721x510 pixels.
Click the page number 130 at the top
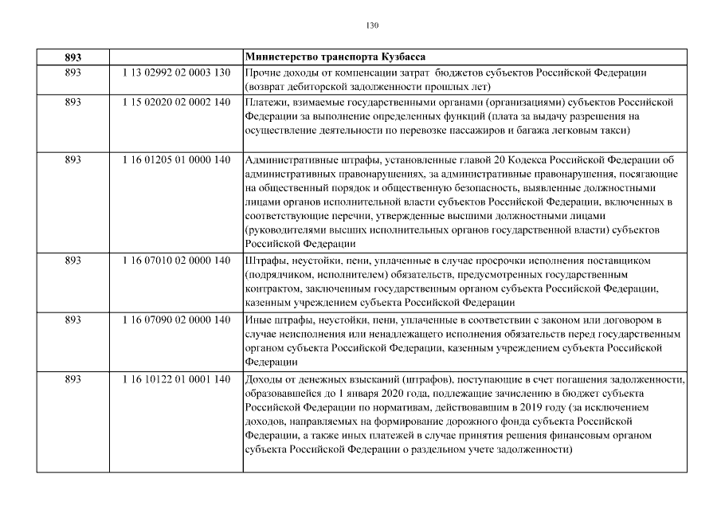tap(372, 25)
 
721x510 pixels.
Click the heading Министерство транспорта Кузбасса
tap(335, 57)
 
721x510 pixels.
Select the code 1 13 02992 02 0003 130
tap(176, 73)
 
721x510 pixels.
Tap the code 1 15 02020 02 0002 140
tap(176, 102)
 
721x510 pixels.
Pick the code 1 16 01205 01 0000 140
tap(176, 159)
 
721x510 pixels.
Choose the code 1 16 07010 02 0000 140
tap(176, 260)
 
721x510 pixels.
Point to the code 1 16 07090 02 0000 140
tap(176, 320)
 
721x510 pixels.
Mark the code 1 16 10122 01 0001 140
tap(176, 379)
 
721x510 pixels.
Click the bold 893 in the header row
tap(73, 57)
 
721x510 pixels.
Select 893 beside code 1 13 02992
tap(73, 73)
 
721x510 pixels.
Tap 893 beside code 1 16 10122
tap(73, 379)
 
